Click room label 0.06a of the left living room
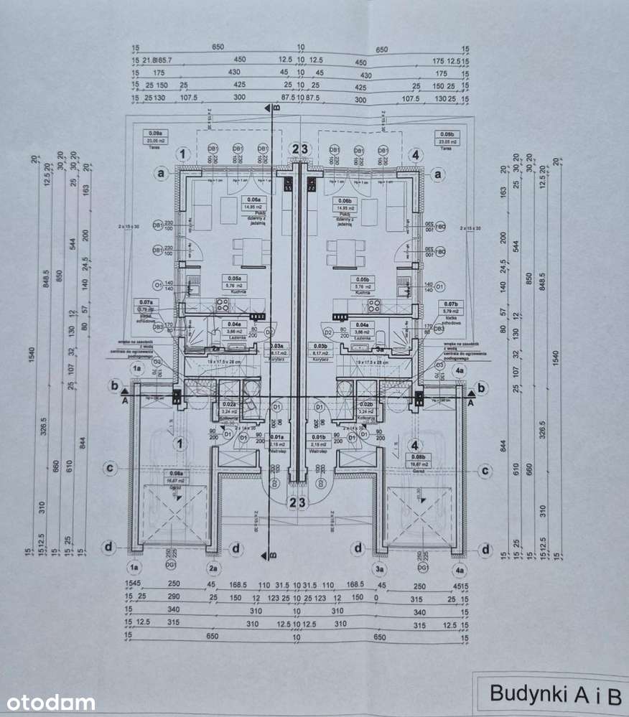pyautogui.click(x=252, y=200)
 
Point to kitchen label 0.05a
pyautogui.click(x=234, y=278)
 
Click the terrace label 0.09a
pyautogui.click(x=154, y=133)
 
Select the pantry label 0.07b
pyautogui.click(x=451, y=304)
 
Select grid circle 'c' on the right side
pyautogui.click(x=487, y=470)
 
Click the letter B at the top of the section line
pyautogui.click(x=276, y=108)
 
